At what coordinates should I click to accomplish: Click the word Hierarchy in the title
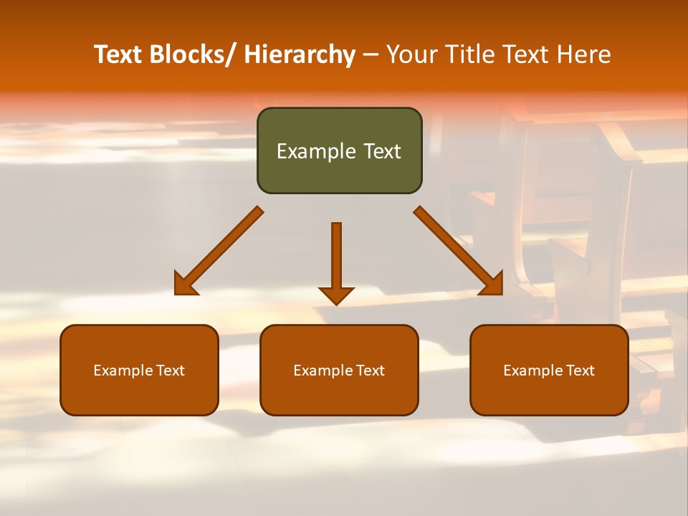pyautogui.click(x=300, y=54)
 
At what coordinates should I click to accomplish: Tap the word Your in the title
pyautogui.click(x=411, y=54)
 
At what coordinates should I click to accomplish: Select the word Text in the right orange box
pyautogui.click(x=580, y=371)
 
